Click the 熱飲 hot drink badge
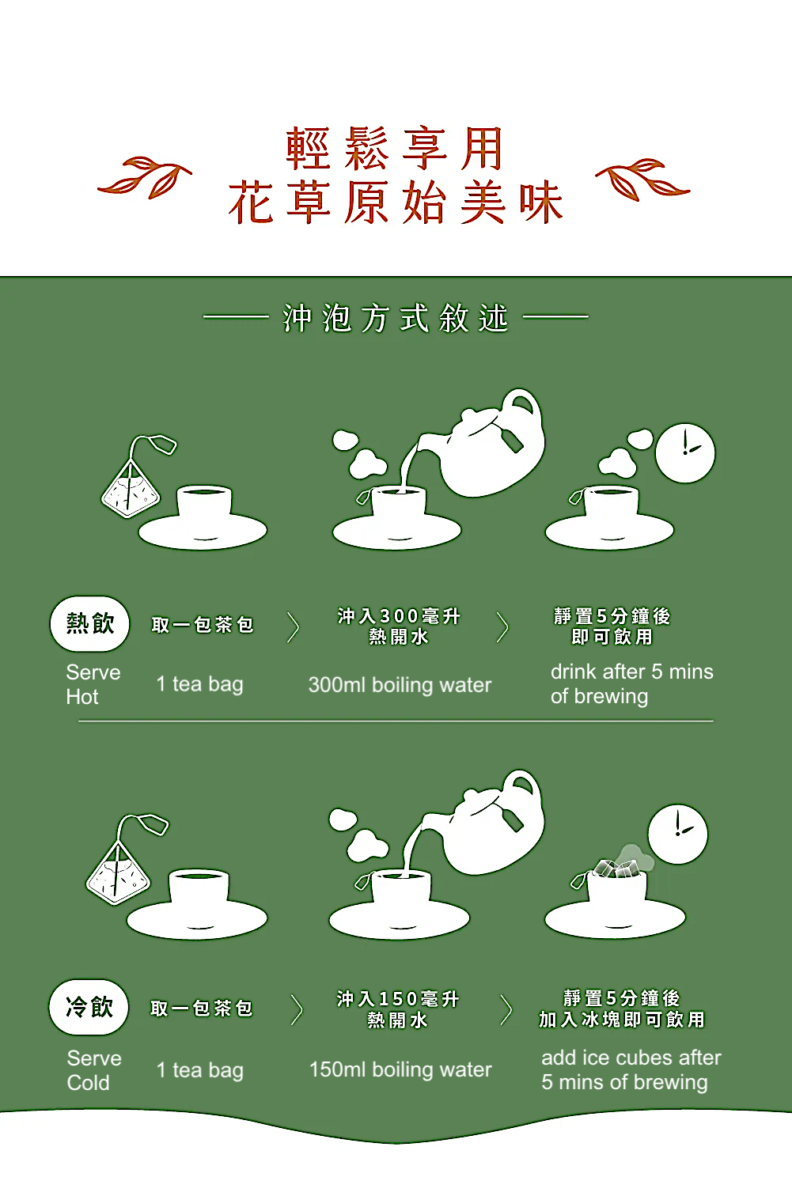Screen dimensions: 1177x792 [89, 623]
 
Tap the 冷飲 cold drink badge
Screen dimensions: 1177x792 [89, 1007]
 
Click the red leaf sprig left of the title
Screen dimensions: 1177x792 [146, 179]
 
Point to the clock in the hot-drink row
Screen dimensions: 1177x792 [685, 452]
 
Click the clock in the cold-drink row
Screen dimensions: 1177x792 [677, 834]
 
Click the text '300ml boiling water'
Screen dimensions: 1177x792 [400, 685]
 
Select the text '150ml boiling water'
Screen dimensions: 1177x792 [400, 1069]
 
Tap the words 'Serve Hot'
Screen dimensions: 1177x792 [93, 684]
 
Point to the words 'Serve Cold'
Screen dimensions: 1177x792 [93, 1069]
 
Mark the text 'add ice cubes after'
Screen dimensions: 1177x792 [631, 1058]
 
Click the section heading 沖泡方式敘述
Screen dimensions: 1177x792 [396, 318]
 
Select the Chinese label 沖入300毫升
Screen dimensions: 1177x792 [399, 616]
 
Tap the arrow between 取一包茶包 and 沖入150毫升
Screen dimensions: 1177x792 [297, 1010]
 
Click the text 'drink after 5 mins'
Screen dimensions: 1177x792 [631, 672]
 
